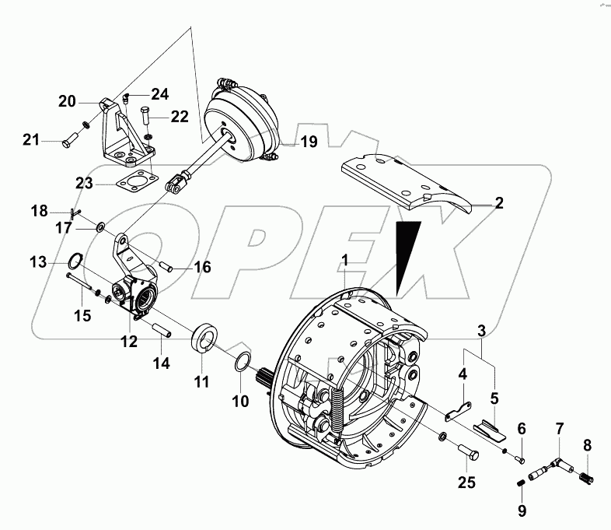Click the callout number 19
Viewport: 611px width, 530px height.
[309, 142]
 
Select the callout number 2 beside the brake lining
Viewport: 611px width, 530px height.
[499, 204]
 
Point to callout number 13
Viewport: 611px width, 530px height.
[39, 261]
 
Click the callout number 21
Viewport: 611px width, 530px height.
[31, 140]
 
